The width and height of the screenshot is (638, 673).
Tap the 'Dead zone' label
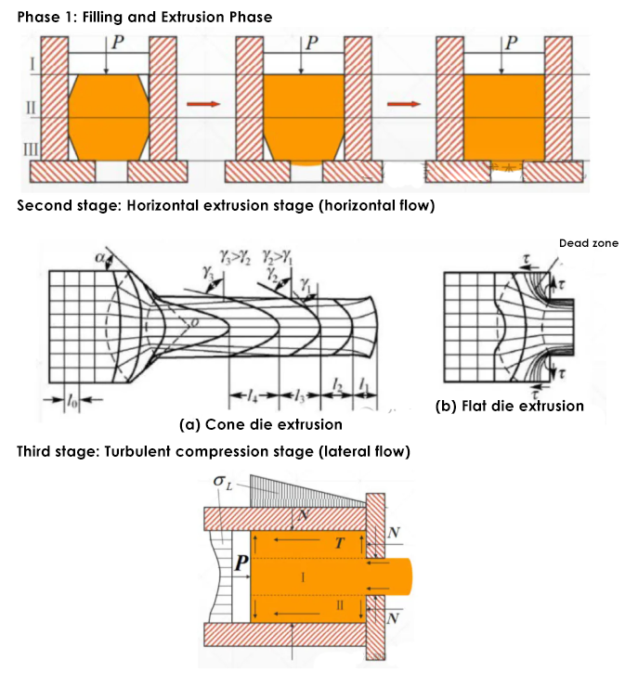[x=588, y=243]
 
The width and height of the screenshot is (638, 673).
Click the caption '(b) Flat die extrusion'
[x=510, y=406]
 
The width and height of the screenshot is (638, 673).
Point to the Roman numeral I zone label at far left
[x=31, y=64]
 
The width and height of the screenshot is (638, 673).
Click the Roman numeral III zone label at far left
[x=31, y=148]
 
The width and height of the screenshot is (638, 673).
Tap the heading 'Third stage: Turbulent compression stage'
[x=213, y=452]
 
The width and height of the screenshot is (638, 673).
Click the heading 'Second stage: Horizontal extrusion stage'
[x=226, y=205]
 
